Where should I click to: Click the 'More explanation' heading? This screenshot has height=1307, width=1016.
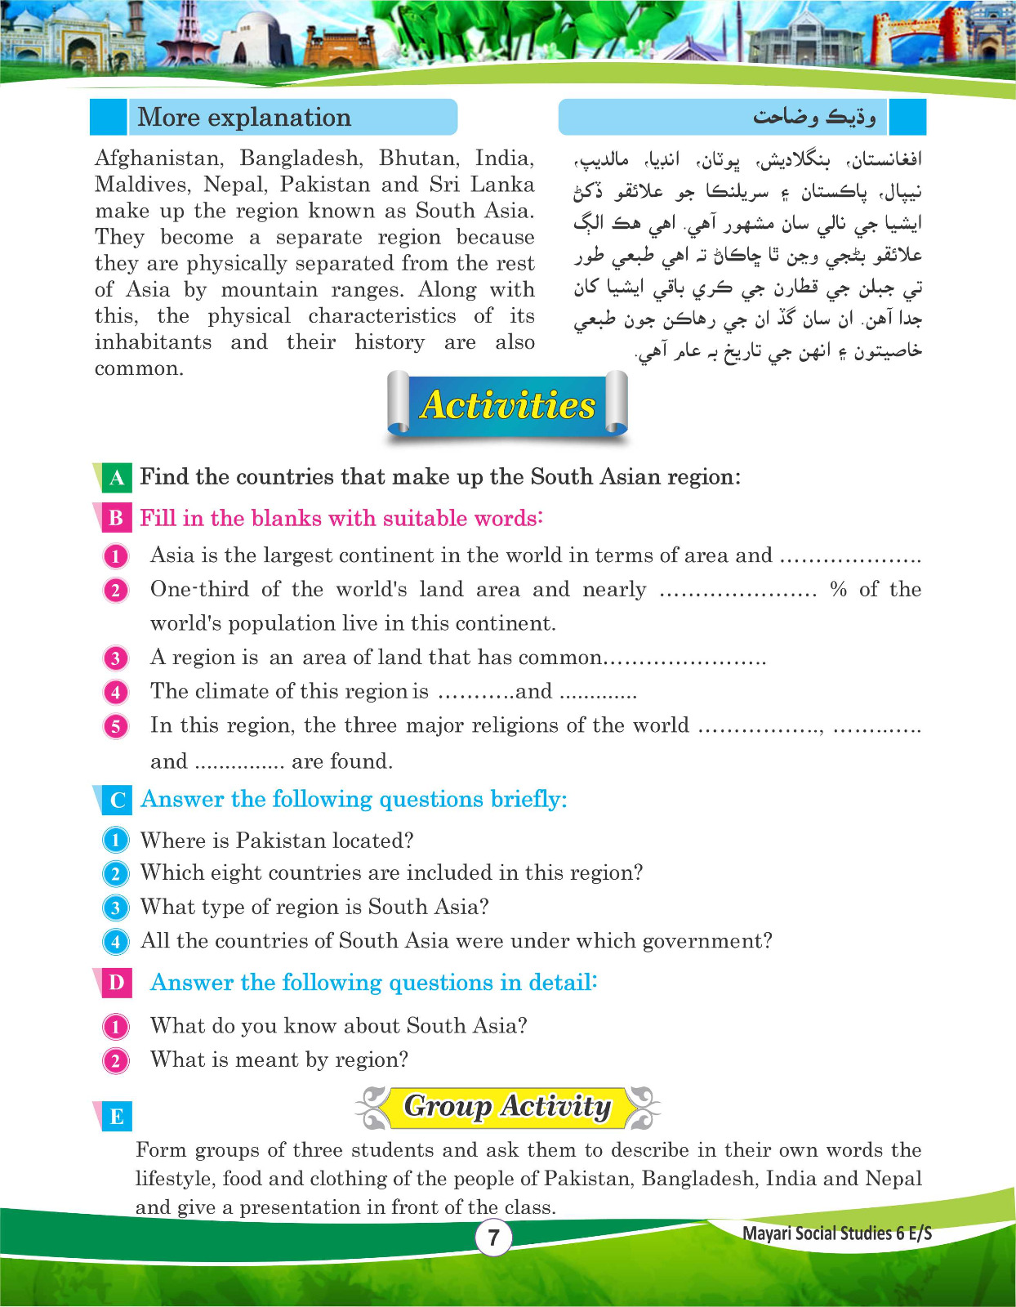(244, 118)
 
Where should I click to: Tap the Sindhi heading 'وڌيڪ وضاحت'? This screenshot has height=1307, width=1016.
(813, 118)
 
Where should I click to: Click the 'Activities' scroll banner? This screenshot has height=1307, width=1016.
(507, 405)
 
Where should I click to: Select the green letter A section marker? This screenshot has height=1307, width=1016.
(116, 477)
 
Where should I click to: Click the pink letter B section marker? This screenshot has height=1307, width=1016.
(116, 518)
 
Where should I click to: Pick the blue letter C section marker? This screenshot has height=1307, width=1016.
(117, 800)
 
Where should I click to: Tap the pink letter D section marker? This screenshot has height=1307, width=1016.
(116, 983)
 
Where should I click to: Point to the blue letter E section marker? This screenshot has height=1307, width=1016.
(116, 1117)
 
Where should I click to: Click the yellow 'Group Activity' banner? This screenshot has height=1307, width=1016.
(507, 1106)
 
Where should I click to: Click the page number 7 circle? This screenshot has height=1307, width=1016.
(493, 1238)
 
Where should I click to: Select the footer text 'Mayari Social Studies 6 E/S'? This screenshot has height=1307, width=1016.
(836, 1233)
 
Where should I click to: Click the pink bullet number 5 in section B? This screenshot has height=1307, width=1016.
(116, 726)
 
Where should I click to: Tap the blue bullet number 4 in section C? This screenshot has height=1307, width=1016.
(116, 942)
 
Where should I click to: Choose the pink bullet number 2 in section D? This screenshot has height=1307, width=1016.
(116, 1061)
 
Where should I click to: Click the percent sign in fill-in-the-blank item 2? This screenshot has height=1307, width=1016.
(838, 590)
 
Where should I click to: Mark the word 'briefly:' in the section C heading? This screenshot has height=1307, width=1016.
(528, 799)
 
